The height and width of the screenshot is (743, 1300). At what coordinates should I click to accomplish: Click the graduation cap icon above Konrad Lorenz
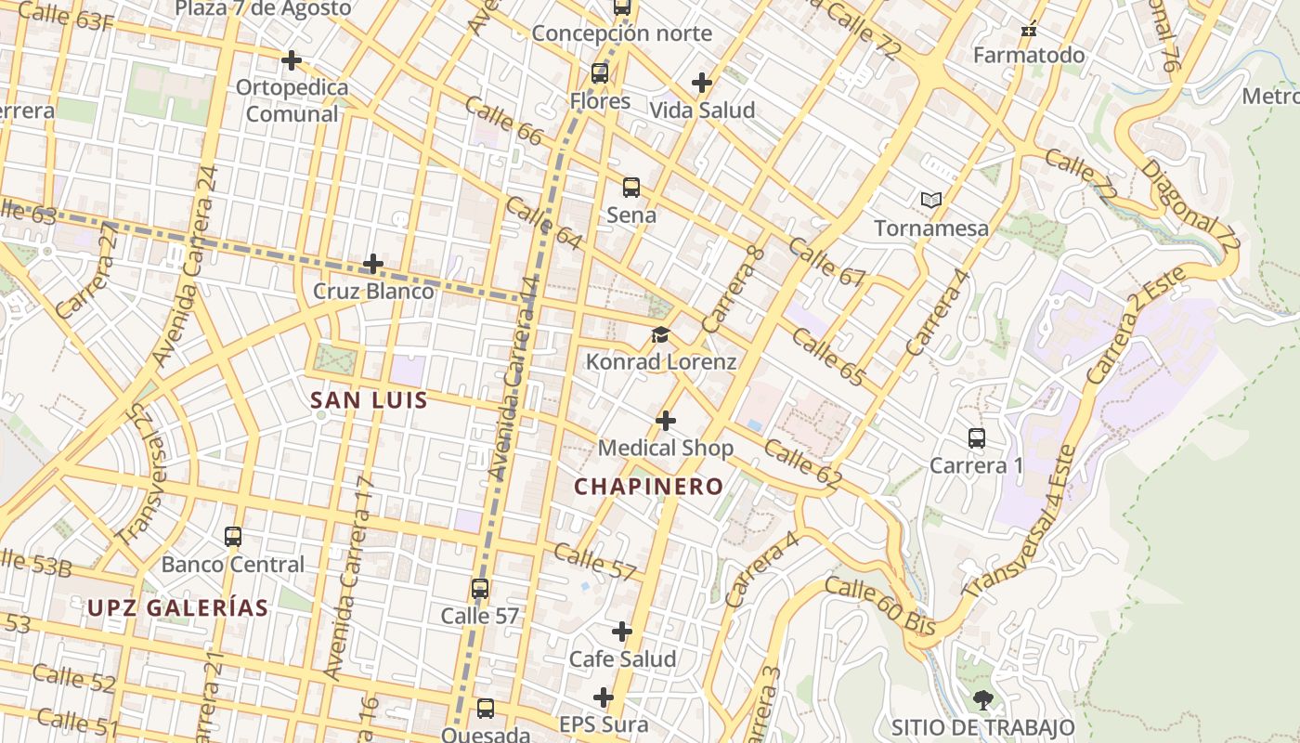[x=660, y=334]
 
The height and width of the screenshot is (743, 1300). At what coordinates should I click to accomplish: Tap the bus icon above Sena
[x=631, y=188]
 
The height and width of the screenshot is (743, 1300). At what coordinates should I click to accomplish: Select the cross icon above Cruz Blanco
[x=373, y=264]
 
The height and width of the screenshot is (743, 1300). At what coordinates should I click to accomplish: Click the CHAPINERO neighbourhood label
[x=648, y=486]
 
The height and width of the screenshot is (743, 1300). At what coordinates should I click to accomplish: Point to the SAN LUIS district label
[x=369, y=400]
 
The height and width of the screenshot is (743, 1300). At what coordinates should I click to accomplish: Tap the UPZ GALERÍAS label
[x=178, y=608]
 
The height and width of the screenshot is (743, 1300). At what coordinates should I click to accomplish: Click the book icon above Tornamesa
[x=931, y=200]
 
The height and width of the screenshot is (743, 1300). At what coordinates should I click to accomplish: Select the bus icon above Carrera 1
[x=977, y=438]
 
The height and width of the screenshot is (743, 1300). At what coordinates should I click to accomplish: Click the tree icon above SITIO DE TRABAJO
[x=983, y=700]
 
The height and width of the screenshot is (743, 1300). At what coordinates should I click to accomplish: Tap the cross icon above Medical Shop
[x=666, y=421]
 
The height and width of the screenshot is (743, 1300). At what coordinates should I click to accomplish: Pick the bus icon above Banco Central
[x=233, y=537]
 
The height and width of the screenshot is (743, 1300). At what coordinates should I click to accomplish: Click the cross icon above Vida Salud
[x=702, y=83]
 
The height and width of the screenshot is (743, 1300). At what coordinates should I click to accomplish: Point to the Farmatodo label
[x=1029, y=55]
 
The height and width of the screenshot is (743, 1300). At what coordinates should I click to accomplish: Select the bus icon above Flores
[x=600, y=73]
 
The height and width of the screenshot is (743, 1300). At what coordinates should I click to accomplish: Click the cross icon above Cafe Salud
[x=622, y=632]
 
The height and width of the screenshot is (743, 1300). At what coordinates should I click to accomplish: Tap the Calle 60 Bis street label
[x=879, y=606]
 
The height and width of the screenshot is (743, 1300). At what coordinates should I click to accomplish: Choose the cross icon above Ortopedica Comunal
[x=292, y=60]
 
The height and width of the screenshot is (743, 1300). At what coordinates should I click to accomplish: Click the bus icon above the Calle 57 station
[x=480, y=589]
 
